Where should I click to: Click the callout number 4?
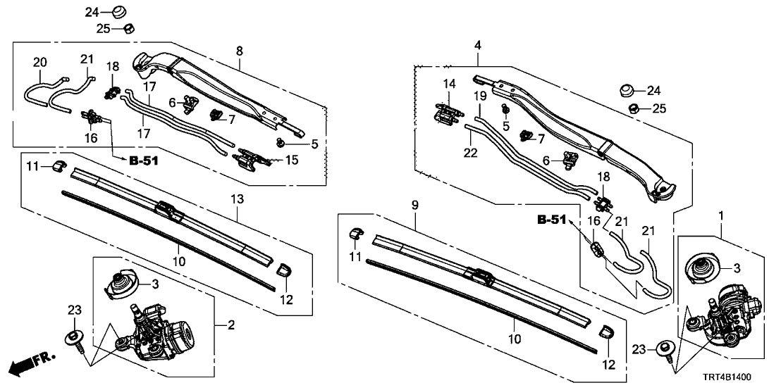click(x=478, y=46)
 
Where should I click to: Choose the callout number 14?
click(x=449, y=84)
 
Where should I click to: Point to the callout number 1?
click(x=720, y=213)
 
